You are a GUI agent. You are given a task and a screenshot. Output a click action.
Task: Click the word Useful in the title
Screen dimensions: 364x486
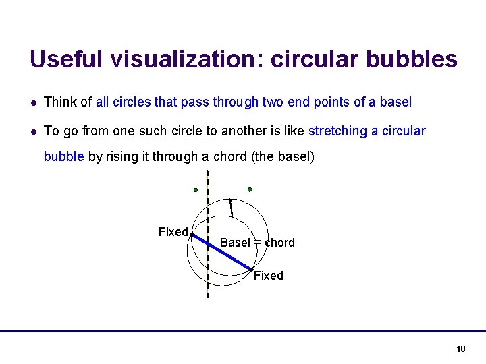coord(65,59)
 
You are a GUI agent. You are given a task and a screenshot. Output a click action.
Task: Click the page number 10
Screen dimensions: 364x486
coord(461,348)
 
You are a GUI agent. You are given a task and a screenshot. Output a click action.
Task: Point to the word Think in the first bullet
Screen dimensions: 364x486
coord(59,102)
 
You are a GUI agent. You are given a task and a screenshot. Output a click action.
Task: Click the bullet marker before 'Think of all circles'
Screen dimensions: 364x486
coord(34,103)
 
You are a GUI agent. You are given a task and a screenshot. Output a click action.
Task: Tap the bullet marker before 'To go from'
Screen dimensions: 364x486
coord(34,131)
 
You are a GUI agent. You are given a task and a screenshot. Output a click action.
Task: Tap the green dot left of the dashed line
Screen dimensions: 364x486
coord(195,190)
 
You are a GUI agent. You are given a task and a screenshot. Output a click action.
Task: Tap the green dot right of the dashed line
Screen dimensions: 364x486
coord(250,189)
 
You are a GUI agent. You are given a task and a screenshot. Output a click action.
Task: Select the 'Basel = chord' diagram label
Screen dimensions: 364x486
coord(257,243)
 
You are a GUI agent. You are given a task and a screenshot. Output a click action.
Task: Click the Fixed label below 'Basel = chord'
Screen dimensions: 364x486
coord(269,276)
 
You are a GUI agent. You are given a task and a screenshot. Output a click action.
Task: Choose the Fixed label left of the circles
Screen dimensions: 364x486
coord(173,232)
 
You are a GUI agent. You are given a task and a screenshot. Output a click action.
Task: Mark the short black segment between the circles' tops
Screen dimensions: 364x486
coord(232,208)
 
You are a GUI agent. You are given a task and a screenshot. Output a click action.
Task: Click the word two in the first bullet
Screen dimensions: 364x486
coord(273,102)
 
